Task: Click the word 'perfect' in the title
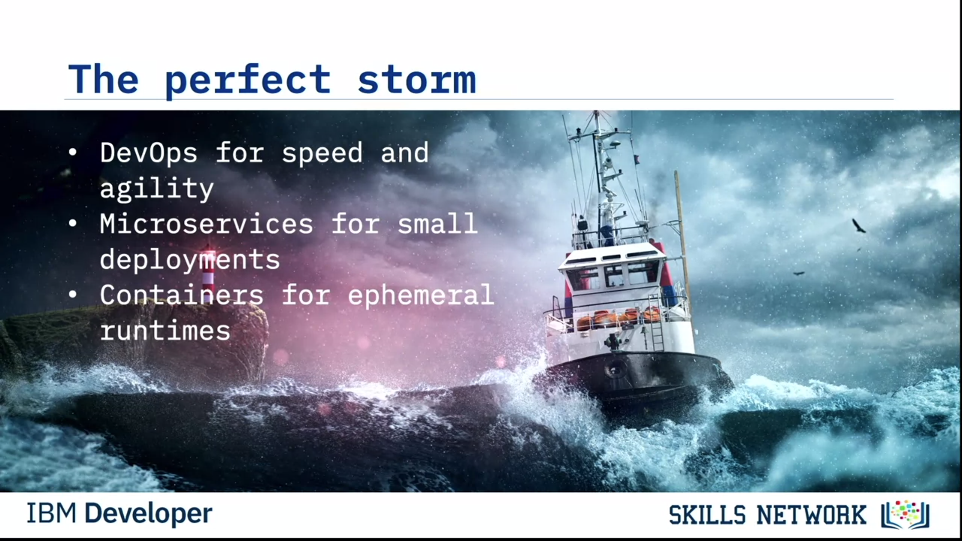248,80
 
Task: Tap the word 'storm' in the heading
416,80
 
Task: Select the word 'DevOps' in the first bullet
148,153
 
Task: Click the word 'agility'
157,189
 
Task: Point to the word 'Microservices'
206,223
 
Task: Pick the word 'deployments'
190,259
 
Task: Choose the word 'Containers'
181,295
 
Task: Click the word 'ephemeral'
421,295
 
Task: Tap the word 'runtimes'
165,331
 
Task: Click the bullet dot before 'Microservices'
73,224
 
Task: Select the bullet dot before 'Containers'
73,295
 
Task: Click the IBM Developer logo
119,514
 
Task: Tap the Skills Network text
768,515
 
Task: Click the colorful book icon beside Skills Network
905,514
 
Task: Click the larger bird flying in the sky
859,226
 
